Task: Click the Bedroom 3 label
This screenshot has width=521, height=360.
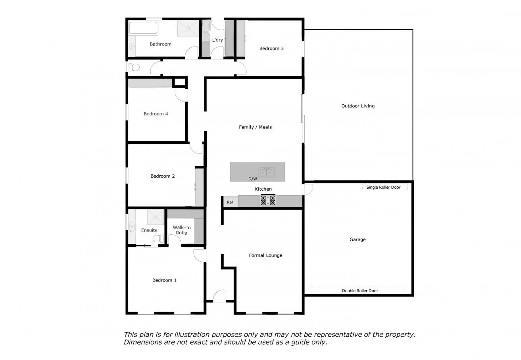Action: click(271, 48)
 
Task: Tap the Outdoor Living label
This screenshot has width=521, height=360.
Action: click(358, 106)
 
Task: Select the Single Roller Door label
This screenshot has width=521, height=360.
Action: click(383, 187)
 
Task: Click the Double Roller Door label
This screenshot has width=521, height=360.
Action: click(360, 291)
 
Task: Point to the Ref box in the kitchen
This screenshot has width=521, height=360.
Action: click(230, 202)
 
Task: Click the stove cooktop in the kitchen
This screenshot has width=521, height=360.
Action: click(268, 200)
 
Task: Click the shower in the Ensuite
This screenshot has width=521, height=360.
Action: click(156, 217)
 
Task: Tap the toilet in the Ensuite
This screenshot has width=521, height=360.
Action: click(159, 238)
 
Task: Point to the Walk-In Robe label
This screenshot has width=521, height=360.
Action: click(181, 230)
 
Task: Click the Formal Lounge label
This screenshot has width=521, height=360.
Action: click(265, 255)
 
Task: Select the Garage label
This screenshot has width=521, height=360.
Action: click(358, 239)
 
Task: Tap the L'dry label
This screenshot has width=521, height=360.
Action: click(217, 40)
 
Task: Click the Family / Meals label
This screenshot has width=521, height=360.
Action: click(255, 127)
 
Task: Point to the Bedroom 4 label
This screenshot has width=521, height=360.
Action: click(156, 114)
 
